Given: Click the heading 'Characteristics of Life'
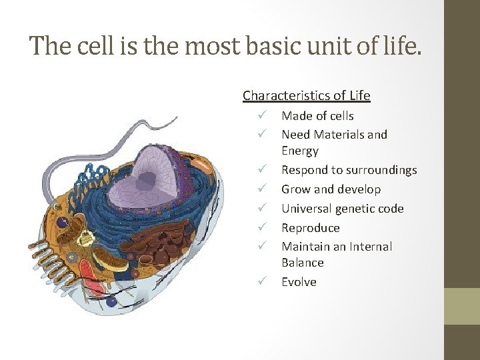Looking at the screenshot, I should [306, 95].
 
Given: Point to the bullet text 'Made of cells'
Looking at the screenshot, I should [317, 117].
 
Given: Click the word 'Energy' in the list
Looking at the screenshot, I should [299, 151].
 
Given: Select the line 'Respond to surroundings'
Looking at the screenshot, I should [349, 170].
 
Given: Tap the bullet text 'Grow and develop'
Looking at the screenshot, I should [331, 189].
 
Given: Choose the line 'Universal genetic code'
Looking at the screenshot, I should [342, 209].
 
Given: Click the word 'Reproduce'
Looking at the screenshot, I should [311, 227].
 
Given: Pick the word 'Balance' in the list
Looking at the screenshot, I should [302, 263].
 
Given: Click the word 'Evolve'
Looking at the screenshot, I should [299, 282].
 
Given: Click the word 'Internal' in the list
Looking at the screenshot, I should [369, 247].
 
